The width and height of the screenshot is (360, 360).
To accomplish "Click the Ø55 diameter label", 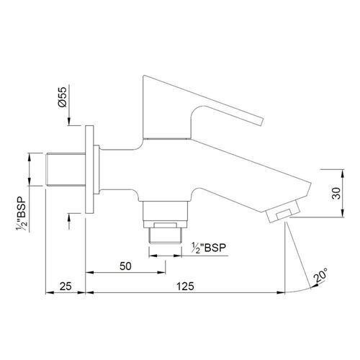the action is pyautogui.click(x=62, y=97).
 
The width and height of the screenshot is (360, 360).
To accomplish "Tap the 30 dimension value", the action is pyautogui.click(x=336, y=193).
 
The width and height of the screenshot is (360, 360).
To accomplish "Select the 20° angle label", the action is pyautogui.click(x=320, y=275).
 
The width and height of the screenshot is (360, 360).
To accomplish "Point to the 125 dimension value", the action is pyautogui.click(x=185, y=287).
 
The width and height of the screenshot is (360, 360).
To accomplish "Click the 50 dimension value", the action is pyautogui.click(x=125, y=266).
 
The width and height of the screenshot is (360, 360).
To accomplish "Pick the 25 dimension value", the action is pyautogui.click(x=66, y=287).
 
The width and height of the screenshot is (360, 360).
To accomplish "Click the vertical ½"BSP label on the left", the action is pyautogui.click(x=22, y=214).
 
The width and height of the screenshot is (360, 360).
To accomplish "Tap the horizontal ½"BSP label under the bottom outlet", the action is pyautogui.click(x=209, y=248).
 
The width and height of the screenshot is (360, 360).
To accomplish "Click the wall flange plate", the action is pyautogui.click(x=89, y=169).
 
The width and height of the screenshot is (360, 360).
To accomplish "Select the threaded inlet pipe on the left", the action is pyautogui.click(x=66, y=169).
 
